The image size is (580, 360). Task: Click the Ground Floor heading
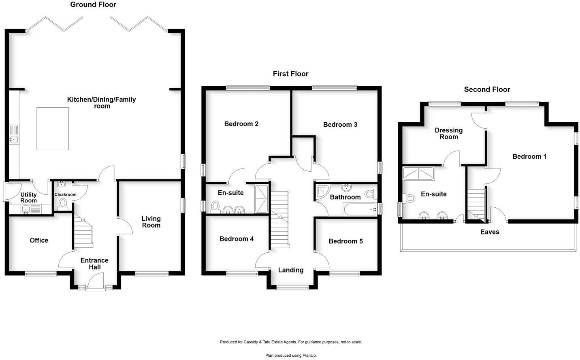(93, 4)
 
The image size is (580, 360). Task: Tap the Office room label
(39, 240)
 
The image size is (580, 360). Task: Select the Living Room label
(151, 222)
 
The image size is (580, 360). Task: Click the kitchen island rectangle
(53, 128)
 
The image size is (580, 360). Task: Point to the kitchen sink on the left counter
(14, 140)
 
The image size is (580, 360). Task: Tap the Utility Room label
(28, 198)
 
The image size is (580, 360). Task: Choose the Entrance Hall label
(94, 264)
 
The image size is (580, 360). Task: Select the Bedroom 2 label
(241, 124)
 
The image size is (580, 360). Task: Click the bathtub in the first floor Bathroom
(359, 210)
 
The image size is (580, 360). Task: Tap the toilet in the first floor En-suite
(215, 207)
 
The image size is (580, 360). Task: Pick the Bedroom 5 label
(345, 241)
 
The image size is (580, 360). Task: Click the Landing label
(291, 270)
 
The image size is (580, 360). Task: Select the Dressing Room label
(448, 134)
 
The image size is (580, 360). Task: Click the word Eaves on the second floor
(490, 232)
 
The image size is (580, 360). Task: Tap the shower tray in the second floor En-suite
(418, 173)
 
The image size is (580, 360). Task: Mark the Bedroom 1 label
(529, 157)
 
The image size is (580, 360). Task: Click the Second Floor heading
(487, 89)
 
